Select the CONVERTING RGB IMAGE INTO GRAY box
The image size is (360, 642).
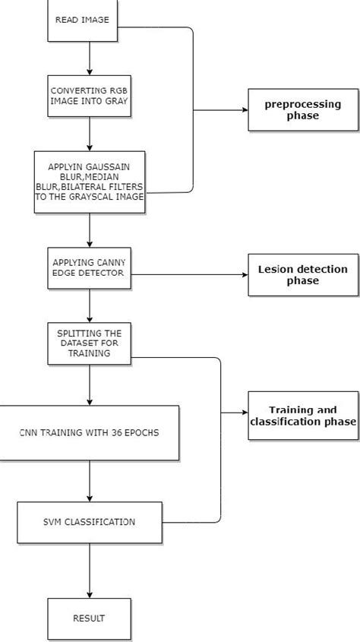click(90, 96)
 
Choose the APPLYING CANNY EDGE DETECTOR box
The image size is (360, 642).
click(90, 268)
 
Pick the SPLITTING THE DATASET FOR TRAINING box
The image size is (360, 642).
click(90, 343)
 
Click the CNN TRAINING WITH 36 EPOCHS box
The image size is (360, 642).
click(90, 432)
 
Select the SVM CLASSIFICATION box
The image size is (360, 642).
click(90, 522)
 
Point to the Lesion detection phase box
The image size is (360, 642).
click(302, 275)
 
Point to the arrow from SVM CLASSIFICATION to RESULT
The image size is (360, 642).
click(90, 570)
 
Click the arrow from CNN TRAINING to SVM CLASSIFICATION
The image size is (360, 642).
click(90, 480)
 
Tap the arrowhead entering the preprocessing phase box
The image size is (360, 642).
click(245, 111)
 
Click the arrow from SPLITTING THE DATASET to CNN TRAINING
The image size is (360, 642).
click(90, 384)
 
